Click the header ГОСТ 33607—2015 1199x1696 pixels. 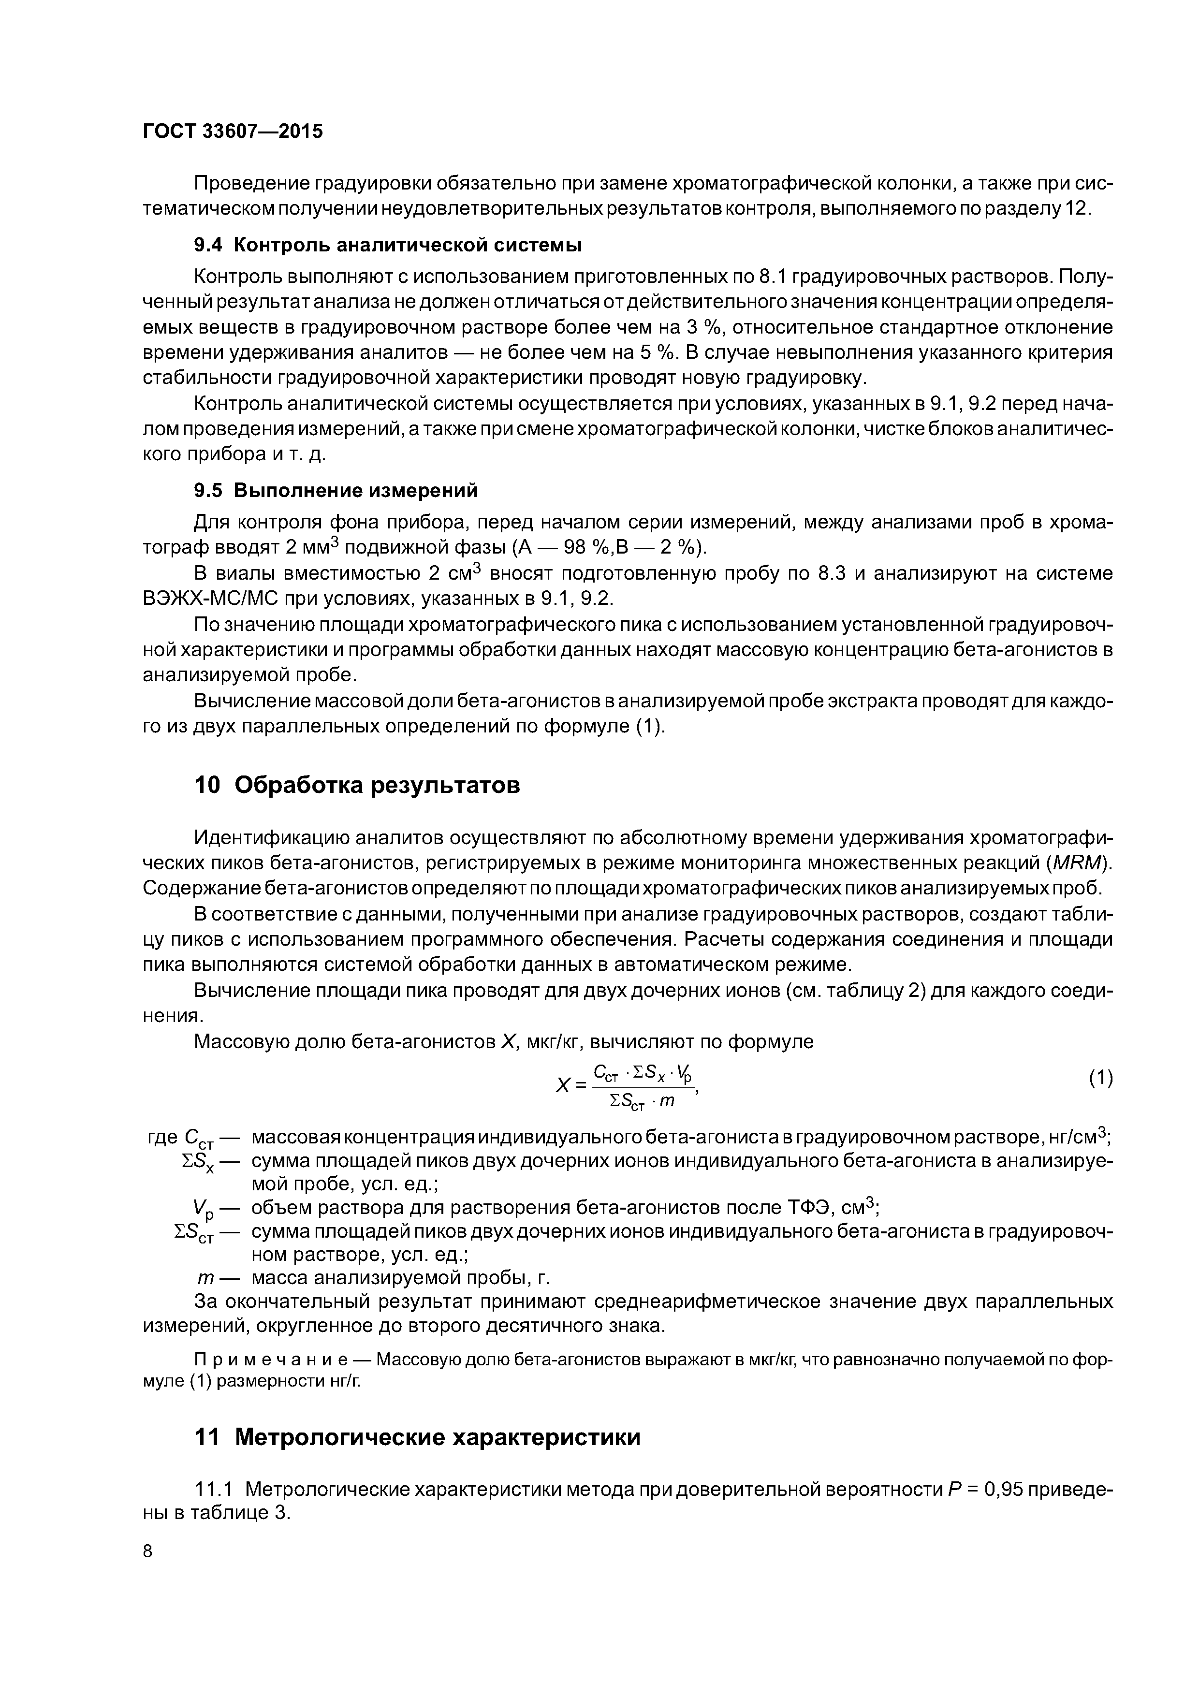[x=232, y=132]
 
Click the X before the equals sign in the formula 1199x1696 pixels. [x=562, y=1086]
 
